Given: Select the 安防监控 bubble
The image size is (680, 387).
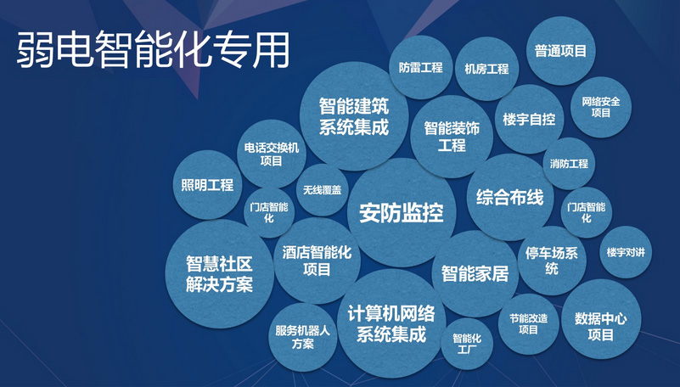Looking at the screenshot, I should tap(402, 212).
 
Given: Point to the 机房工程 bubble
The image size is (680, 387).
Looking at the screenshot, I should tap(481, 69).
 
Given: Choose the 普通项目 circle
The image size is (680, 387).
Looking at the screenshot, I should tap(560, 51).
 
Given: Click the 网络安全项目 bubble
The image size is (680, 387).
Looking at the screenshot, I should tap(601, 106).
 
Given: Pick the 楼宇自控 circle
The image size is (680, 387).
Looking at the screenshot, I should tap(529, 119).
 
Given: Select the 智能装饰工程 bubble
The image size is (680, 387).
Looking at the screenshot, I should tap(452, 137).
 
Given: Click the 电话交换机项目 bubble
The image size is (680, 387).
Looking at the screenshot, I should tap(272, 154).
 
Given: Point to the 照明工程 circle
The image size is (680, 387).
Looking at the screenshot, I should tap(207, 184).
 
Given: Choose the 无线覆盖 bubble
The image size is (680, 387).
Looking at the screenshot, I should tap(322, 190).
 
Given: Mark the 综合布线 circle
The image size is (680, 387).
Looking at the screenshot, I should tap(509, 198).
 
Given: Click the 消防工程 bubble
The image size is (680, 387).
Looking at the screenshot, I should tap(569, 163).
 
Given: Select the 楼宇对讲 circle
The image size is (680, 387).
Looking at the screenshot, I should tap(627, 252).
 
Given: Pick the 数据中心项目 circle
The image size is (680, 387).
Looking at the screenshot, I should tap(600, 326).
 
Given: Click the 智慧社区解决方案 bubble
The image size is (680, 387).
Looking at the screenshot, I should tap(219, 273).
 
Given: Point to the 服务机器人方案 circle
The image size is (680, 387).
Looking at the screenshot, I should tap(303, 337).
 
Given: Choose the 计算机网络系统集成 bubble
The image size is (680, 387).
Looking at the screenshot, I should tap(391, 322).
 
